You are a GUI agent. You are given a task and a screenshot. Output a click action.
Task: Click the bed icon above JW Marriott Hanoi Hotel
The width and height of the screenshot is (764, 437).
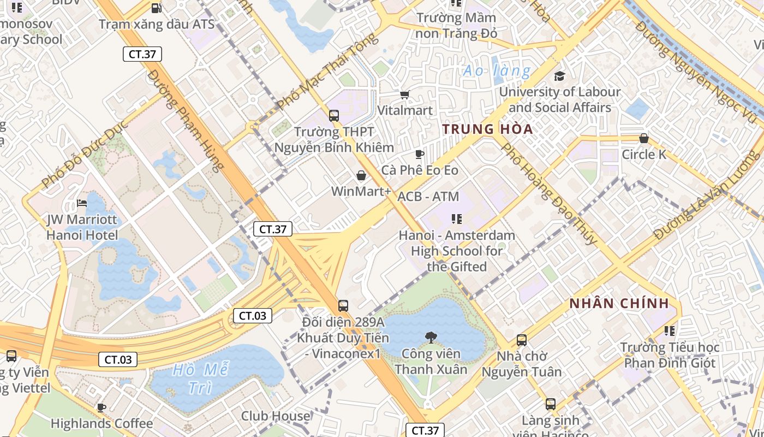click(x=82, y=203)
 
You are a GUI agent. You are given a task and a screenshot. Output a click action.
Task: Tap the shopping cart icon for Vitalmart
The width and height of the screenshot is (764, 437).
click(x=404, y=95)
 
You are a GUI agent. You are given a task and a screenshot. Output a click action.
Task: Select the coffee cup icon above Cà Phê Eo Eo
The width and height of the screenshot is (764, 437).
click(x=419, y=155)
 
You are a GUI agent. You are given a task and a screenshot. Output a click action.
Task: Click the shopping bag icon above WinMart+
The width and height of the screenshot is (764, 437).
click(x=361, y=175)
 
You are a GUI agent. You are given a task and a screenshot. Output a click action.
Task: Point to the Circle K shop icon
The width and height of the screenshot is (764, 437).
click(x=644, y=138)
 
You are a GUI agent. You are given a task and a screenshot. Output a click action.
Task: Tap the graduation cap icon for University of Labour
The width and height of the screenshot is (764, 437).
click(x=559, y=76)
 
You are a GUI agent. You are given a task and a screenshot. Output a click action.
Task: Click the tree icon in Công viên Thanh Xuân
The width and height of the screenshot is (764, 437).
click(x=431, y=338)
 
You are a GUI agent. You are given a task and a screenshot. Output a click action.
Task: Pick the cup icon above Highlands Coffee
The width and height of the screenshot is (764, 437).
click(x=102, y=408)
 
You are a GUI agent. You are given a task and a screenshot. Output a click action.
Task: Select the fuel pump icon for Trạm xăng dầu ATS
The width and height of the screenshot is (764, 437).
click(x=156, y=8)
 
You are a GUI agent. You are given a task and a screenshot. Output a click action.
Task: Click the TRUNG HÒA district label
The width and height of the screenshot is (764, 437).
click(x=487, y=129)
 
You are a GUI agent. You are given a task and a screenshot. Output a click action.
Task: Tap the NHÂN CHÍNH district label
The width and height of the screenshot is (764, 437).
click(x=619, y=304)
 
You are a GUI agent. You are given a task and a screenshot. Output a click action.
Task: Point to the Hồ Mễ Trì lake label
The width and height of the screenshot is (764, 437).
click(x=200, y=379)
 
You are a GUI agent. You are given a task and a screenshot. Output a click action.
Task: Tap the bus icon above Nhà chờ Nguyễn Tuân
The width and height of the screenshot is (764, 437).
click(x=521, y=340)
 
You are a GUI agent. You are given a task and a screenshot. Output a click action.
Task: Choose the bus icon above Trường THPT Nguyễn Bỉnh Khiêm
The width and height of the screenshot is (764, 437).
click(x=334, y=116)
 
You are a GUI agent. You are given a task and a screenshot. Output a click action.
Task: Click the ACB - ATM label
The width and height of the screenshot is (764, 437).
click(x=428, y=197)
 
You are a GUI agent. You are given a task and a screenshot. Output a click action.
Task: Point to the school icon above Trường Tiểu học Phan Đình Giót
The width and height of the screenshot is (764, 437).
click(x=670, y=331)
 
